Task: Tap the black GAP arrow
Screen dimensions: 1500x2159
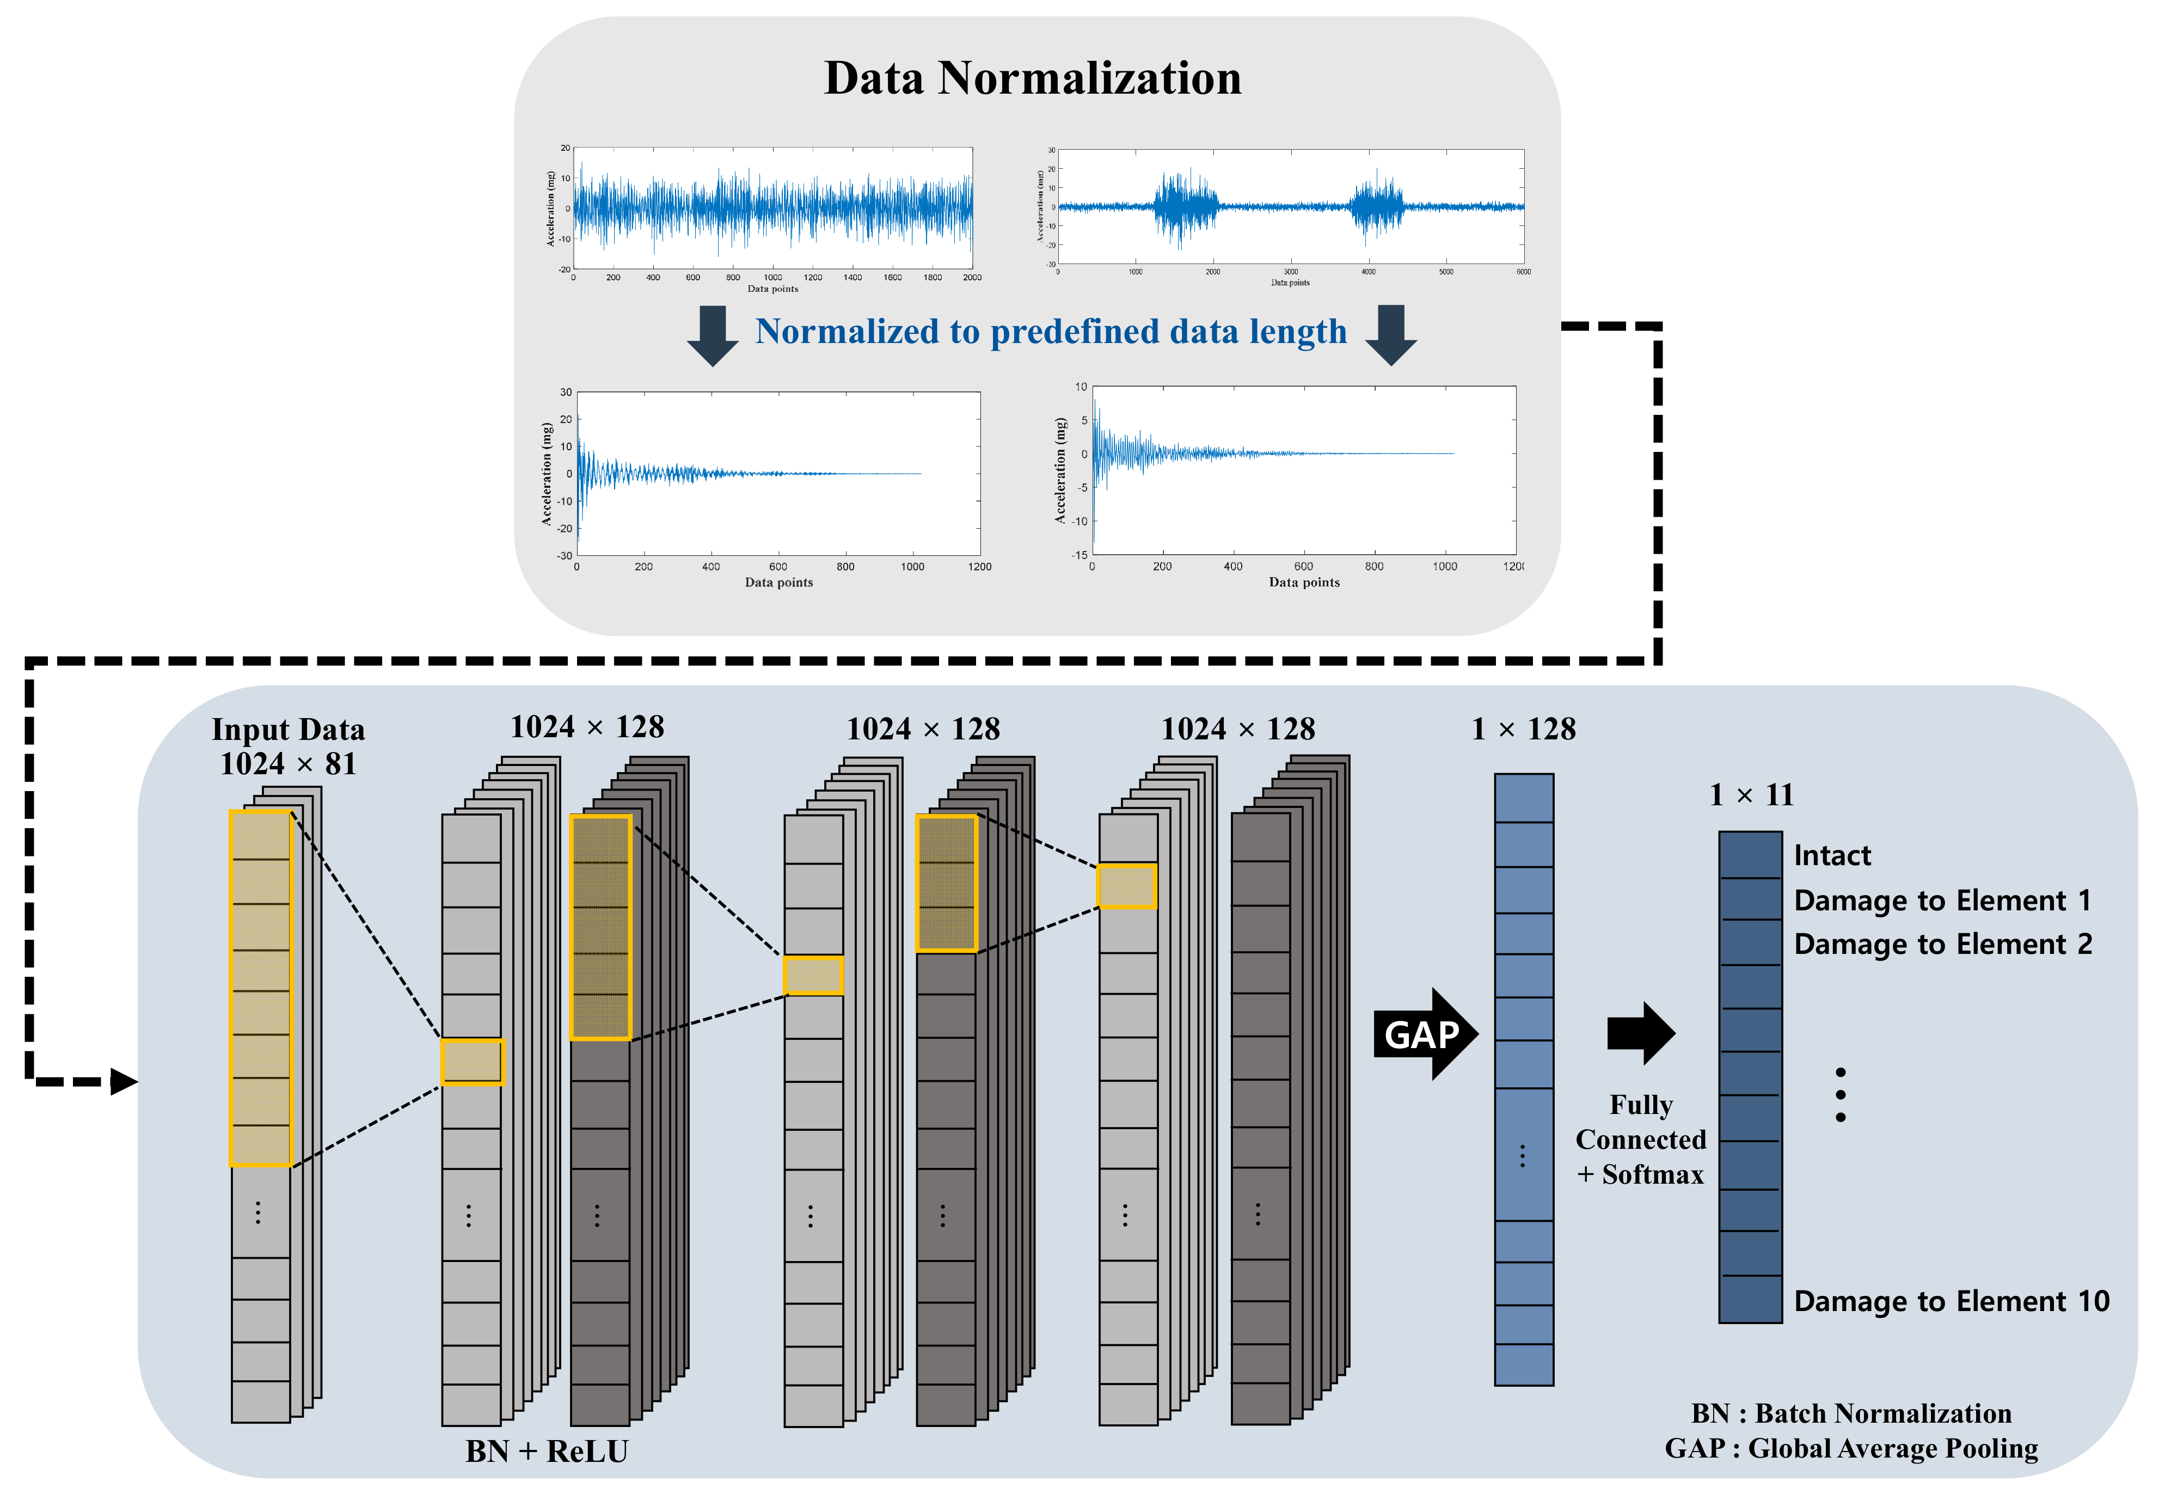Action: (x=1424, y=1034)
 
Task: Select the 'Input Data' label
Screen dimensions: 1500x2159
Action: (x=287, y=730)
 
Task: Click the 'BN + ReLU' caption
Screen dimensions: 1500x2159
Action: (x=546, y=1451)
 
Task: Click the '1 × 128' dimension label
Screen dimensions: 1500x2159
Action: (x=1523, y=730)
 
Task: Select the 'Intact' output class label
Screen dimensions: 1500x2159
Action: (x=1832, y=855)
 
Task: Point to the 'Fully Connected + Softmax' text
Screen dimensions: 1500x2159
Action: (x=1640, y=1139)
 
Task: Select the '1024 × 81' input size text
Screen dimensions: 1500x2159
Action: (x=287, y=764)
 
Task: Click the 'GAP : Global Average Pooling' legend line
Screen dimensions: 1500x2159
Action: (x=1851, y=1448)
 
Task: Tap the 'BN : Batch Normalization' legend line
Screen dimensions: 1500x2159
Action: (x=1851, y=1413)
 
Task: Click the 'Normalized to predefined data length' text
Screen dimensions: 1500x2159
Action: (x=1050, y=332)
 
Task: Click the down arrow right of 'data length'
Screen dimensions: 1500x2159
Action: (x=1390, y=335)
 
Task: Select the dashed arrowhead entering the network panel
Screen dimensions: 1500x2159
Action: (x=123, y=1082)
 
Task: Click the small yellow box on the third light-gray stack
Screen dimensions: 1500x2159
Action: (x=1126, y=885)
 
